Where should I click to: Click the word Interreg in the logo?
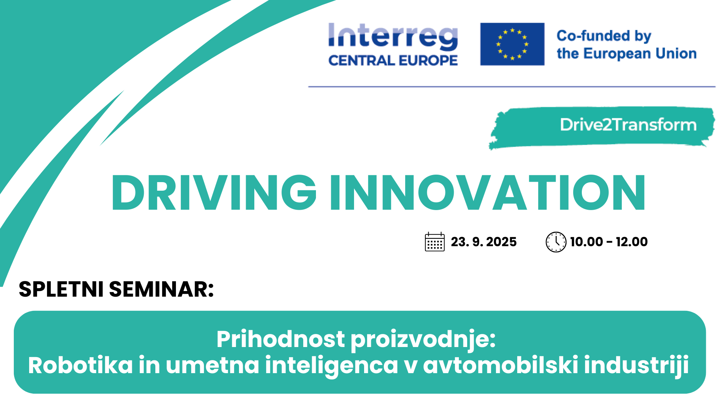click(x=393, y=37)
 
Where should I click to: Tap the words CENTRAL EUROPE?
click(x=393, y=60)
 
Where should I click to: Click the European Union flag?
click(x=512, y=44)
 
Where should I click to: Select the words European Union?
click(x=640, y=54)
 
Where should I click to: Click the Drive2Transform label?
click(x=628, y=125)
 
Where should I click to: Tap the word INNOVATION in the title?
click(x=488, y=193)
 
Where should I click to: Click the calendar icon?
click(x=435, y=242)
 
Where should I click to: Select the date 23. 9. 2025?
click(x=484, y=242)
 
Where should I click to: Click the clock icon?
click(x=556, y=242)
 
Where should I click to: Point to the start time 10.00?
click(x=586, y=242)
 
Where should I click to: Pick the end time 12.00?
click(x=632, y=242)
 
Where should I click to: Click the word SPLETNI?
click(x=61, y=289)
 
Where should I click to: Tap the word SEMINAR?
click(x=161, y=289)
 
